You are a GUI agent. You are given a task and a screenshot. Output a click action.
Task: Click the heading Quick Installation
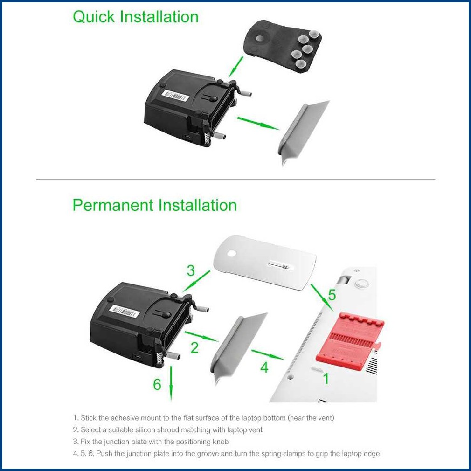135,17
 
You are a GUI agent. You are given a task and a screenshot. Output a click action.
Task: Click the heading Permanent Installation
154,205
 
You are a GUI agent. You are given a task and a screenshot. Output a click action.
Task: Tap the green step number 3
191,270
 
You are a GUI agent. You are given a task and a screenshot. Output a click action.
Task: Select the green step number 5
332,295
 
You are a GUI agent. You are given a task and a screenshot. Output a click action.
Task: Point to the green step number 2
194,347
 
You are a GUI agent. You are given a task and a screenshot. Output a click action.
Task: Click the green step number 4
264,367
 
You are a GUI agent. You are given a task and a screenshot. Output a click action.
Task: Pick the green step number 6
157,385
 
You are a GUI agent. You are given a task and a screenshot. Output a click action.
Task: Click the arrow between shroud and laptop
268,354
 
